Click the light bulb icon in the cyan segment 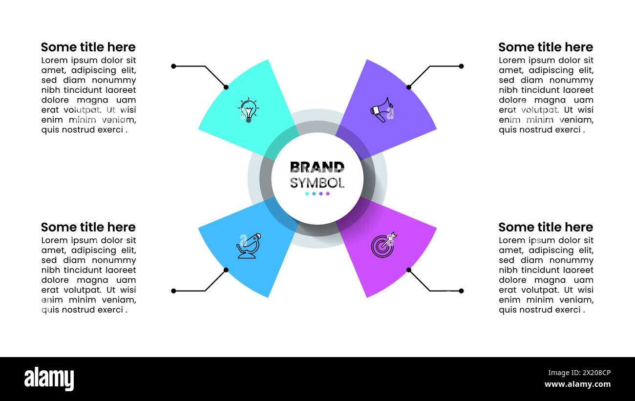pos(248,110)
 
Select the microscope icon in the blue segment pos(248,246)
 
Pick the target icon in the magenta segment pos(383,245)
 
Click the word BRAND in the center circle pos(317,167)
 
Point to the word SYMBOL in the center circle pos(317,183)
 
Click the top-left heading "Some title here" pos(88,47)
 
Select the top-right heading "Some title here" pos(545,47)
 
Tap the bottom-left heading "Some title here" pos(88,227)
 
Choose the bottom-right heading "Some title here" pos(545,227)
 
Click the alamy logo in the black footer pos(49,379)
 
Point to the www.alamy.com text pos(577,384)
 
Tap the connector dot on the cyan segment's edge pos(226,87)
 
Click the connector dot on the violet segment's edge pos(409,87)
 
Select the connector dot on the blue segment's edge pos(226,270)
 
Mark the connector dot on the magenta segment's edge pos(409,270)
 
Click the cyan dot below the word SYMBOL pos(307,194)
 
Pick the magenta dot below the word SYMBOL pos(328,194)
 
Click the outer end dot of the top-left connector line pos(173,66)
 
